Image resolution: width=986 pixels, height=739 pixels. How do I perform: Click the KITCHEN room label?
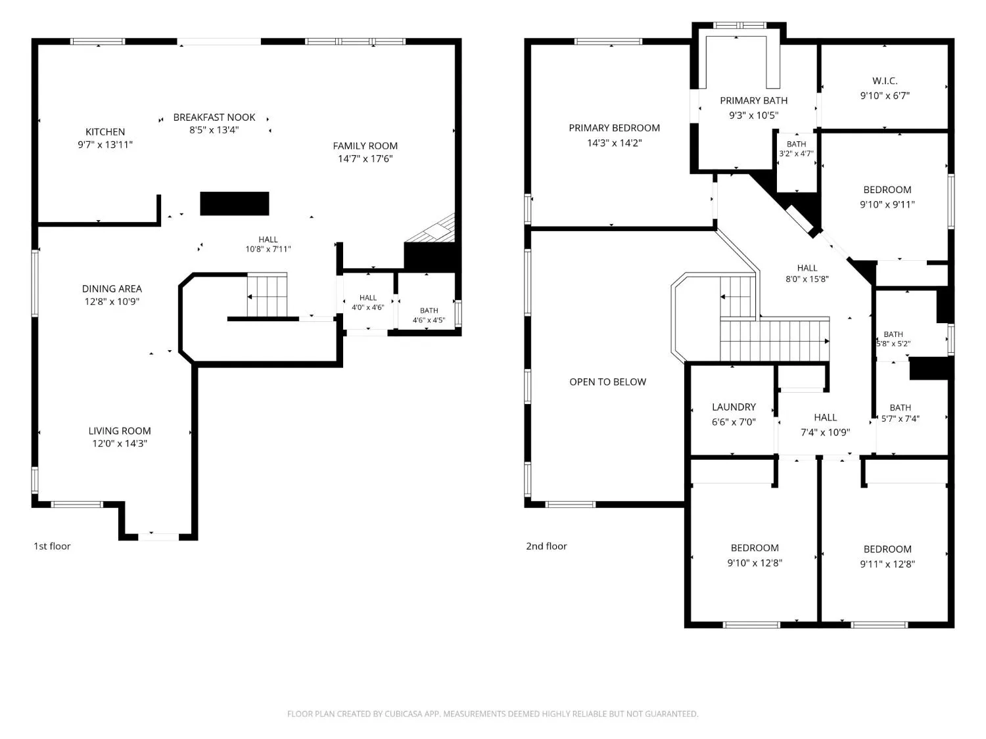pyautogui.click(x=105, y=131)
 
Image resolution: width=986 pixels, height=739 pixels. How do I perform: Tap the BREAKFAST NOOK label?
pyautogui.click(x=214, y=117)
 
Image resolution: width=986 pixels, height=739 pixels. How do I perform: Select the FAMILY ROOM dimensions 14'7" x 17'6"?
pyautogui.click(x=365, y=158)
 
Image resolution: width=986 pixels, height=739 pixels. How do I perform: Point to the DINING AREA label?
pyautogui.click(x=112, y=288)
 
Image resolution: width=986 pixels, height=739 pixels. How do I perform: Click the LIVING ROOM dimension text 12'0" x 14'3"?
pyautogui.click(x=120, y=443)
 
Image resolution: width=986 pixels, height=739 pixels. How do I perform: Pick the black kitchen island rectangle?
pyautogui.click(x=235, y=203)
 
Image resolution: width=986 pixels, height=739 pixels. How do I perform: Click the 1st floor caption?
pyautogui.click(x=52, y=546)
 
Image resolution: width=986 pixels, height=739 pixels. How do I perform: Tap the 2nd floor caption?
pyautogui.click(x=546, y=546)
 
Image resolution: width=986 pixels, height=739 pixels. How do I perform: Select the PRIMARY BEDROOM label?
pyautogui.click(x=614, y=128)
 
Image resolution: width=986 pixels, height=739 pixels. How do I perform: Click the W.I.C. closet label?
pyautogui.click(x=885, y=81)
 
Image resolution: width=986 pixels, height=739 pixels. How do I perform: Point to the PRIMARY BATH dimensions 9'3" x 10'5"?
pyautogui.click(x=753, y=116)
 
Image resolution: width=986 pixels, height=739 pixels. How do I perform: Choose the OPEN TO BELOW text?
pyautogui.click(x=608, y=382)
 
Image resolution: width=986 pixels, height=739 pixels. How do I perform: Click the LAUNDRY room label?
pyautogui.click(x=734, y=407)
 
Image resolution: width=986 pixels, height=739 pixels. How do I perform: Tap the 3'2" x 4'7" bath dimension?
pyautogui.click(x=796, y=154)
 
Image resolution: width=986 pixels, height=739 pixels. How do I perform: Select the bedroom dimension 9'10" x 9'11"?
pyautogui.click(x=887, y=204)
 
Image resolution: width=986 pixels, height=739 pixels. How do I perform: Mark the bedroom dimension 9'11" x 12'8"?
pyautogui.click(x=887, y=564)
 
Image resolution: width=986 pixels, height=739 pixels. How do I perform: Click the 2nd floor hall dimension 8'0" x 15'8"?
pyautogui.click(x=807, y=279)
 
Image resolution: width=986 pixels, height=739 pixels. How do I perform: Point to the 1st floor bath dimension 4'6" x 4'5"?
pyautogui.click(x=429, y=320)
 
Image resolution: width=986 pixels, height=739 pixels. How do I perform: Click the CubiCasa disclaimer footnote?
pyautogui.click(x=493, y=713)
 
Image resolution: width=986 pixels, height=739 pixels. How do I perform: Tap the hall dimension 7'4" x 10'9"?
pyautogui.click(x=825, y=432)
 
